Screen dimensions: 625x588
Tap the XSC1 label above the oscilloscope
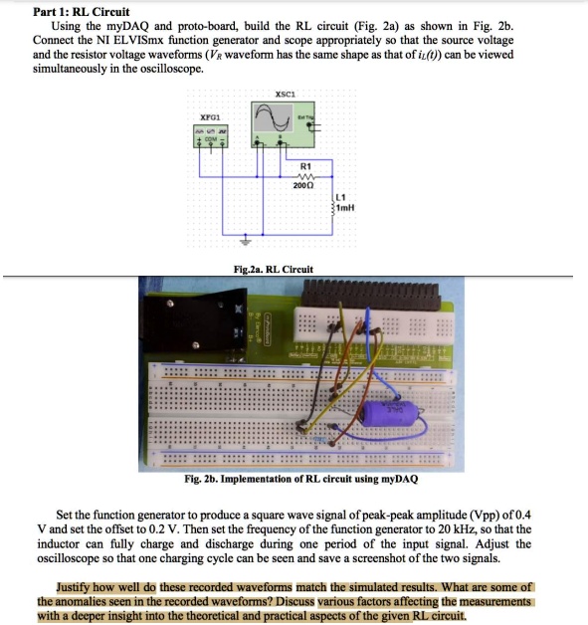pyautogui.click(x=284, y=96)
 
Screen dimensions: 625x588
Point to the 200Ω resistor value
pyautogui.click(x=304, y=186)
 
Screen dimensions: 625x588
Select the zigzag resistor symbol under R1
pyautogui.click(x=304, y=176)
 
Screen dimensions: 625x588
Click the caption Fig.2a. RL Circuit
pyautogui.click(x=273, y=269)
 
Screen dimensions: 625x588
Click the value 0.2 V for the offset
pyautogui.click(x=208, y=530)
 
